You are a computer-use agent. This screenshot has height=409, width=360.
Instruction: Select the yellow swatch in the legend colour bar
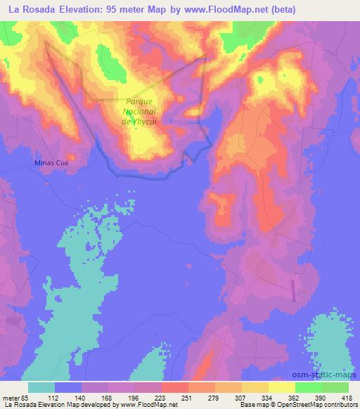pyautogui.click(x=281, y=387)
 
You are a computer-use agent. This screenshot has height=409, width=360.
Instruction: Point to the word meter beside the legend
pyautogui.click(x=9, y=398)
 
